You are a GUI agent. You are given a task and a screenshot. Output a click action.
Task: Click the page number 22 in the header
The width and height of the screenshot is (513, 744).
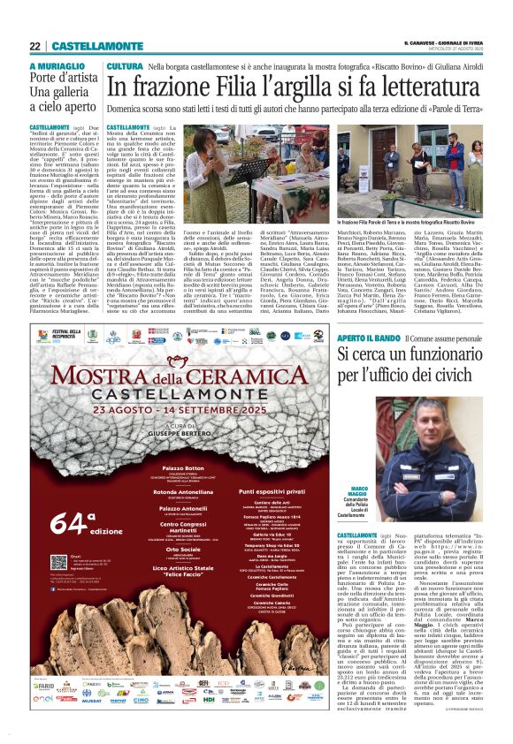click(34, 46)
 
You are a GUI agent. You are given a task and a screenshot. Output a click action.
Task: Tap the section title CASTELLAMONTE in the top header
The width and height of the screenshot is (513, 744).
click(94, 46)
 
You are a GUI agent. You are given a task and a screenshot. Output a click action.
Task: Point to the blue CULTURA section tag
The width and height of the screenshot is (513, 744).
click(125, 67)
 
